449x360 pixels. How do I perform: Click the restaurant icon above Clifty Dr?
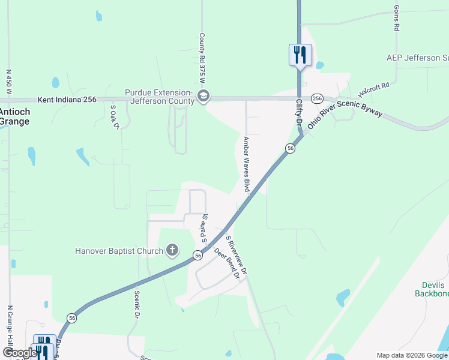(300, 55)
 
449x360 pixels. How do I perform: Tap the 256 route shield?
(317, 98)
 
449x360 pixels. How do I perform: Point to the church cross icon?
(172, 250)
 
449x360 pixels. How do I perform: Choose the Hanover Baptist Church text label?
(119, 251)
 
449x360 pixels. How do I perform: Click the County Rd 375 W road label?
(202, 58)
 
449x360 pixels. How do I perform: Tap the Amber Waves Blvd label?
(246, 164)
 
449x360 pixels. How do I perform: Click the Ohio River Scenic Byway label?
(345, 115)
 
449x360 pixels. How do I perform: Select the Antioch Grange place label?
(14, 116)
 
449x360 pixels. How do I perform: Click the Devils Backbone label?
(432, 289)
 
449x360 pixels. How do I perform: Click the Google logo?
(19, 353)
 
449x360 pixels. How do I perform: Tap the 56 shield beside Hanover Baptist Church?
(197, 256)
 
